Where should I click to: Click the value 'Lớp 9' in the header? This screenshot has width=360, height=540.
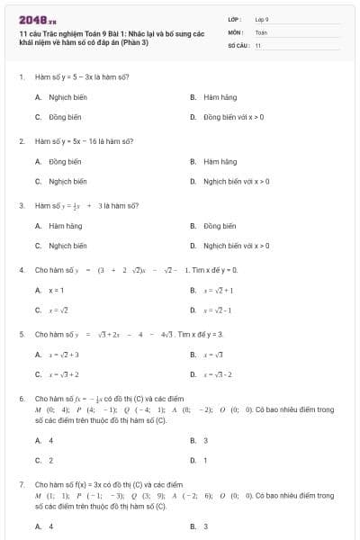[x=262, y=18]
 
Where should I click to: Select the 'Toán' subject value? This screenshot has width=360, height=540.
[x=261, y=31]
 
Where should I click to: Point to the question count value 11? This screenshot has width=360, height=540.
[x=257, y=45]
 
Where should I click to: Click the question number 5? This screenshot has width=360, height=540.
[x=21, y=334]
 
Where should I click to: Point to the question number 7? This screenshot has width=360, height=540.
[x=21, y=484]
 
